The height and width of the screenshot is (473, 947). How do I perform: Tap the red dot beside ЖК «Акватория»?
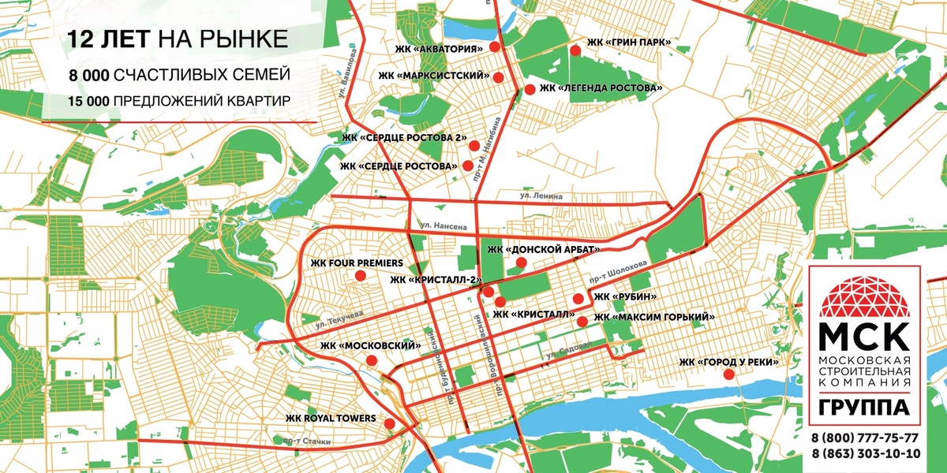pos(495,47)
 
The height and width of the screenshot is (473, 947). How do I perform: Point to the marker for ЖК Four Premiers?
pos(360,275)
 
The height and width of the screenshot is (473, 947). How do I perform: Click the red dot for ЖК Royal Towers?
pos(389,425)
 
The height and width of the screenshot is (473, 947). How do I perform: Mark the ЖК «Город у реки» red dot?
pos(728,374)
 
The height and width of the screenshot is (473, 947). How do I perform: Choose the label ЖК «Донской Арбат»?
pos(544,250)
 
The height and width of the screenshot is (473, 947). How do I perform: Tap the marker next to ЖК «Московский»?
pos(372,361)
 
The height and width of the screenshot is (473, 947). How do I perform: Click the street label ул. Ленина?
pos(541,195)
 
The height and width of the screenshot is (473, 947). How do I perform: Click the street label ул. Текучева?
pos(338,315)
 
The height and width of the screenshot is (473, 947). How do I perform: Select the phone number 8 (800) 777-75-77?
pos(865,438)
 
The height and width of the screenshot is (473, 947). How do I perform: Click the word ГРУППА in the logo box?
pos(865,408)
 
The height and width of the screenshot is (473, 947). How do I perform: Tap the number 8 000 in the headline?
pos(88,75)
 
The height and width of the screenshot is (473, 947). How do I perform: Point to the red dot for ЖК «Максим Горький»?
pos(582,321)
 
